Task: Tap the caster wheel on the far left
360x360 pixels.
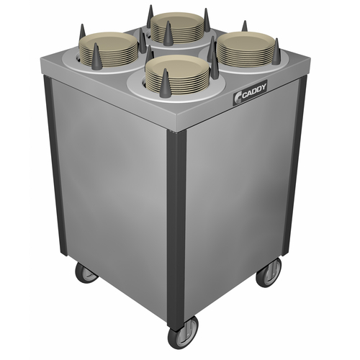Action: (x=86, y=271)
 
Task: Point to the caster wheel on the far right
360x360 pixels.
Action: (x=269, y=273)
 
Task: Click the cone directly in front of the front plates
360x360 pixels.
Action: (x=165, y=80)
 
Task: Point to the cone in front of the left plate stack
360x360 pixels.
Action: (x=96, y=54)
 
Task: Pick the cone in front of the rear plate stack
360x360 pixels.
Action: (x=168, y=34)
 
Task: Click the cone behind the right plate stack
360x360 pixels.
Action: (x=245, y=27)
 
